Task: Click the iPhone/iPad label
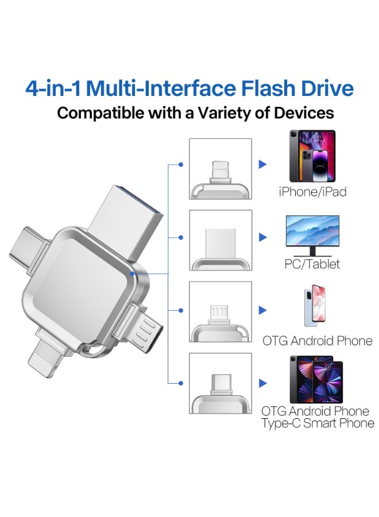(312, 192)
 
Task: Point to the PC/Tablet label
(312, 264)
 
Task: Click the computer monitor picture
(312, 236)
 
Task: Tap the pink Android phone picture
(312, 307)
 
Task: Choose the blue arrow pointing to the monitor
(263, 237)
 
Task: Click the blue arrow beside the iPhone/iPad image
(263, 165)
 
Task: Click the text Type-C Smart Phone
(318, 424)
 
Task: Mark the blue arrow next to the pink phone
(263, 311)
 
